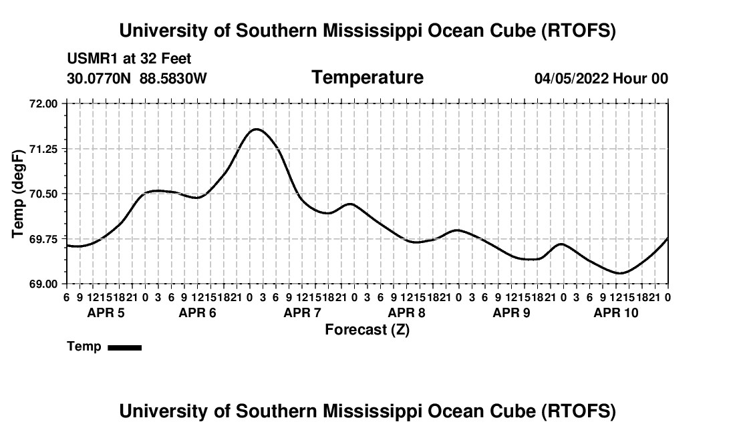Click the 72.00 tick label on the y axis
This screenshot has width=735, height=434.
point(44,104)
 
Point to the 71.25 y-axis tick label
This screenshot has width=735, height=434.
point(44,149)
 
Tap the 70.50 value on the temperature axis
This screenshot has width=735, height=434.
point(44,194)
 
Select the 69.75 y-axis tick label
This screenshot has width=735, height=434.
point(44,239)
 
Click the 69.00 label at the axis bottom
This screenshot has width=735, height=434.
point(44,284)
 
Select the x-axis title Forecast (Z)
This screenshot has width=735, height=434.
point(367,329)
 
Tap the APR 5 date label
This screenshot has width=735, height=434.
point(106,312)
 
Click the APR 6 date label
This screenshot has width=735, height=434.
point(197,312)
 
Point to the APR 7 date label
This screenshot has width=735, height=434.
point(302,312)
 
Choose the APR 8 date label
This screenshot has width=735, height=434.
point(406,312)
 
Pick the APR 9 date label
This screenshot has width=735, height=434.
point(511,312)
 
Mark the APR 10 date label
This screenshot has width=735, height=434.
point(616,312)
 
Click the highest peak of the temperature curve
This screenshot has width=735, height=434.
point(256,129)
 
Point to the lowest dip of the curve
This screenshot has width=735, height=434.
point(620,273)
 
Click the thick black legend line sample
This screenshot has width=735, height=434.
point(124,347)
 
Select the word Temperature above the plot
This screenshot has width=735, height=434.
point(367,77)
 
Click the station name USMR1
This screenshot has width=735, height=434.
point(89,59)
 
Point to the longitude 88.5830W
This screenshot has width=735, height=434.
point(173,79)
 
